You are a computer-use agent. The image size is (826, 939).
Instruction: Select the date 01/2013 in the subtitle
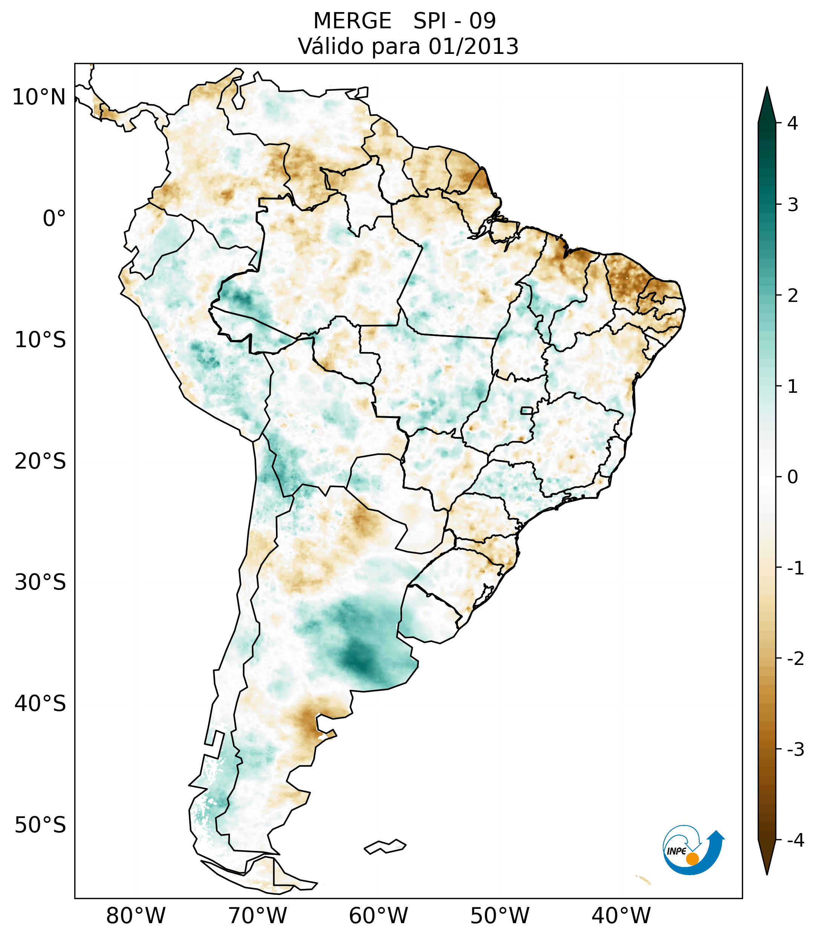click(x=473, y=46)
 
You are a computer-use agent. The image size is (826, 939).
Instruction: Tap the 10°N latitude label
click(x=39, y=97)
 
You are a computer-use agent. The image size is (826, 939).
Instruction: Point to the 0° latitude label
click(x=54, y=219)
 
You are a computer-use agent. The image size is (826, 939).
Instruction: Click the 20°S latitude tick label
click(x=40, y=461)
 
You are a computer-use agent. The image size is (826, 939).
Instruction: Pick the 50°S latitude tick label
click(x=40, y=825)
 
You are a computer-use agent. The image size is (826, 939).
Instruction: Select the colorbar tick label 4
click(x=792, y=123)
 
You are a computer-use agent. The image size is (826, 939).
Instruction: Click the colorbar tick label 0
click(x=792, y=477)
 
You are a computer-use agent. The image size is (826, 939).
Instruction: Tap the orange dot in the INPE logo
click(x=692, y=858)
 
